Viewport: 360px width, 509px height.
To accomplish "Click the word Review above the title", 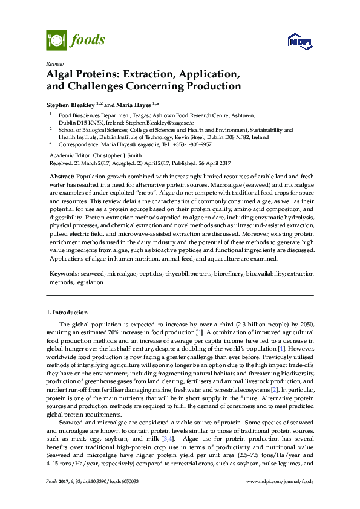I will (54, 63).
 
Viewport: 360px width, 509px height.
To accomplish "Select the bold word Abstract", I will (62, 175).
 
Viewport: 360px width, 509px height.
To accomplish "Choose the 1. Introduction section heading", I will (67, 313).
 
